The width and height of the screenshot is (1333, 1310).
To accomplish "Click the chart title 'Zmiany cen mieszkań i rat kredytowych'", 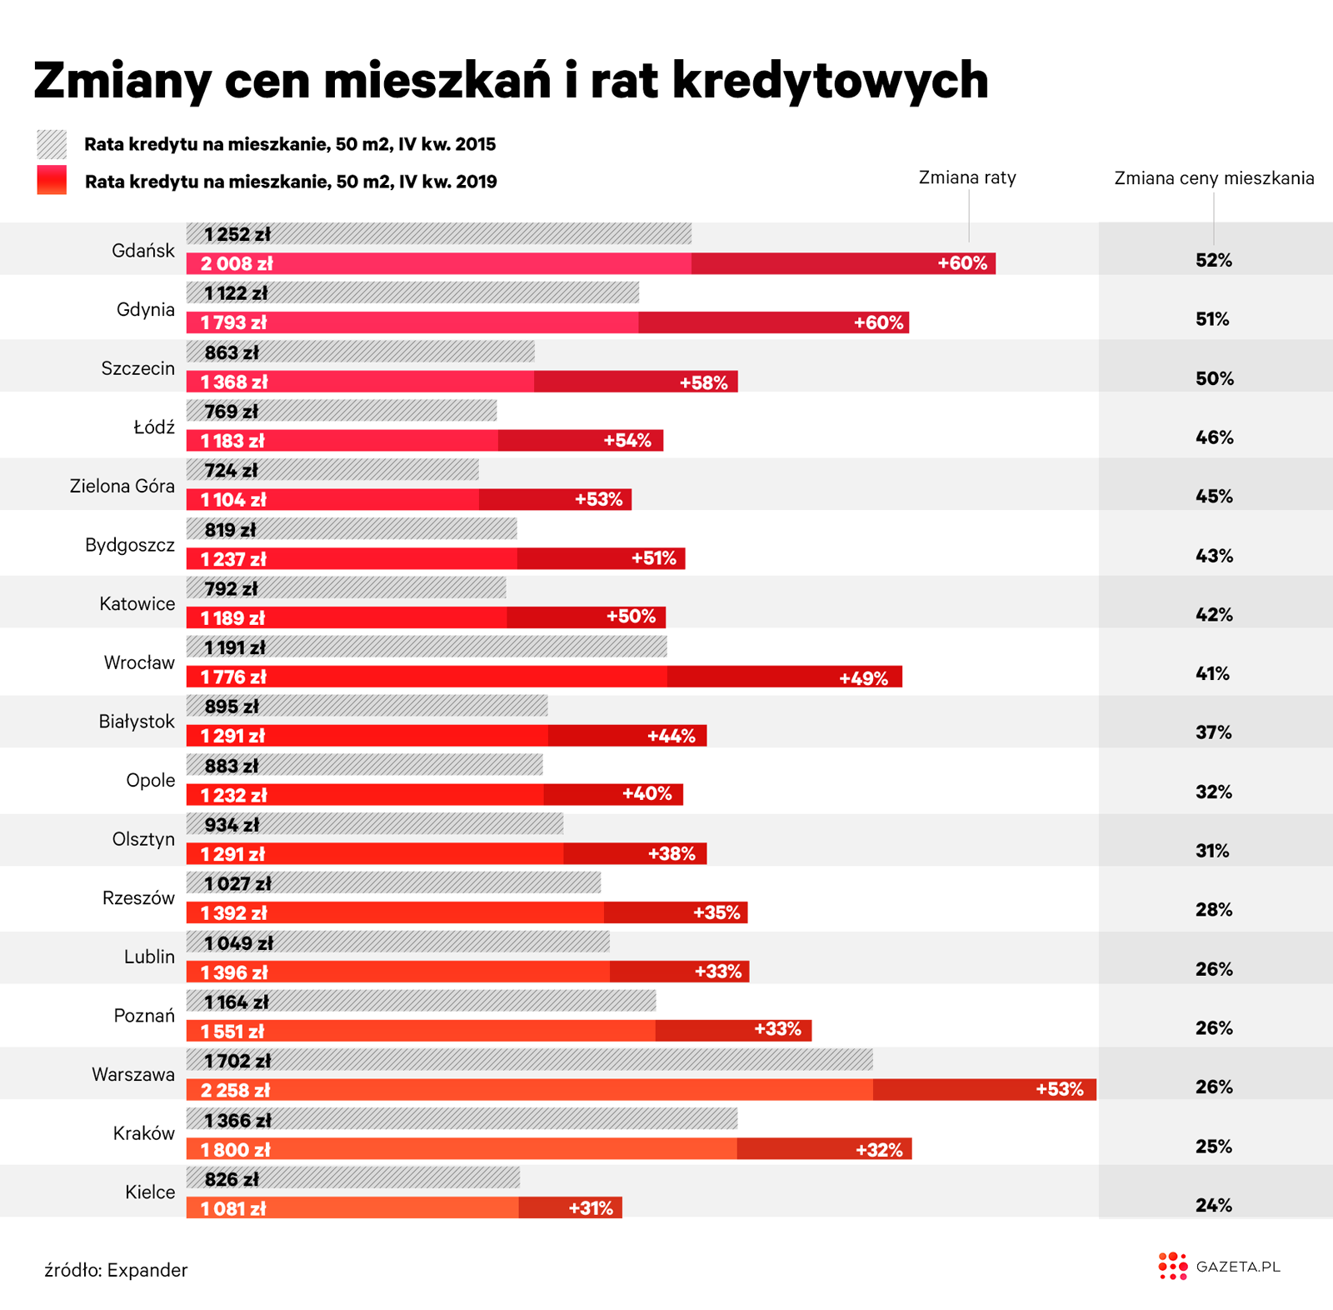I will coord(510,81).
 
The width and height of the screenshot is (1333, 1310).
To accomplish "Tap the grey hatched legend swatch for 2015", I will coord(52,144).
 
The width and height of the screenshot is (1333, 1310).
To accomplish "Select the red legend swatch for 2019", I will coord(52,180).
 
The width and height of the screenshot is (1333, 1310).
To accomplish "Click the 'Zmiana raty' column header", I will coord(967,177).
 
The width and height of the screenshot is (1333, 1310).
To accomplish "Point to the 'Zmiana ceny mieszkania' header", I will coord(1214,178).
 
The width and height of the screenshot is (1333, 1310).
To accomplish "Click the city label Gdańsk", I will coord(143,251).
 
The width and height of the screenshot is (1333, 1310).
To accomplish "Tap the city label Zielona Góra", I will coord(122,486).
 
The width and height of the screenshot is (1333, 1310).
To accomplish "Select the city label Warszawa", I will coord(133,1074).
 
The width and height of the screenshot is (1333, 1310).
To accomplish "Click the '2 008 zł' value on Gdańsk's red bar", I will coord(237,264).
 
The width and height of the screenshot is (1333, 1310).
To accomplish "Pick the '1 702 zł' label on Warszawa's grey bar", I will coord(238,1061).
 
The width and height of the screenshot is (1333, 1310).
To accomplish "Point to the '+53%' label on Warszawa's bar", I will coord(1059,1089).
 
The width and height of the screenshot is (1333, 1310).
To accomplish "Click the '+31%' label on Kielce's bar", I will coord(590,1208).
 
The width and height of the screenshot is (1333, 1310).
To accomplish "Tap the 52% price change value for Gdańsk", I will coord(1213,261).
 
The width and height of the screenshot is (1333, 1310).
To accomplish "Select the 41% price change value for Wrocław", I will coord(1212,673).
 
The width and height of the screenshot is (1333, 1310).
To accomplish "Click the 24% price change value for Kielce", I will coord(1213,1205).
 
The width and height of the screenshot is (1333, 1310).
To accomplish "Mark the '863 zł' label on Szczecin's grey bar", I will coord(232,352).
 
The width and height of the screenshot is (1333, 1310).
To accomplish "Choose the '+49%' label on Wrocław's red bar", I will coord(863,678).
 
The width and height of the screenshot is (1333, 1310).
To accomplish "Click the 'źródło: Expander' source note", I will coord(116,1270).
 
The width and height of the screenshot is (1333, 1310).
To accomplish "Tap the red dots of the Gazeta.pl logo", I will coord(1172,1266).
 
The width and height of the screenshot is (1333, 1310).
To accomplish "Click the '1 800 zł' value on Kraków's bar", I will coord(236,1150).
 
